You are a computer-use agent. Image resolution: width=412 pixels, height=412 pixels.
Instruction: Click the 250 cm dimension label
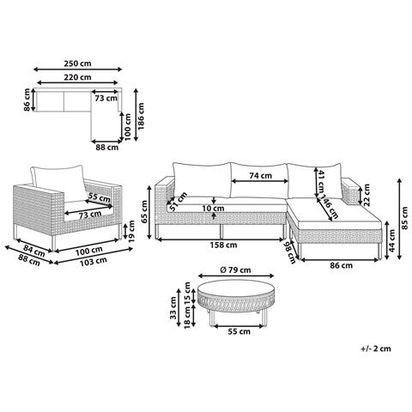coord(77,64)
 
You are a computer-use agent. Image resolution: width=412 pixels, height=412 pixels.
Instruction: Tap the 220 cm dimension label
coord(77,77)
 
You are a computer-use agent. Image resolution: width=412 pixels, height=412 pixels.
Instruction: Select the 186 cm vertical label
coord(141,116)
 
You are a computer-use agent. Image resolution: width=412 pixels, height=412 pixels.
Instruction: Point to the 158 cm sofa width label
coord(223,245)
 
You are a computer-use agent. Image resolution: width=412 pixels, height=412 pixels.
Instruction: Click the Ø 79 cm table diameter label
coord(236,270)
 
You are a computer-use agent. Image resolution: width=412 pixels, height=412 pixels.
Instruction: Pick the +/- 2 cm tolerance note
coord(376,348)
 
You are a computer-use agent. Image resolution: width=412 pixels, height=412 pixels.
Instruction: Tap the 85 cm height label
coord(404,218)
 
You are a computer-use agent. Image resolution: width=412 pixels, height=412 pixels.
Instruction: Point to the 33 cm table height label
coord(173,307)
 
